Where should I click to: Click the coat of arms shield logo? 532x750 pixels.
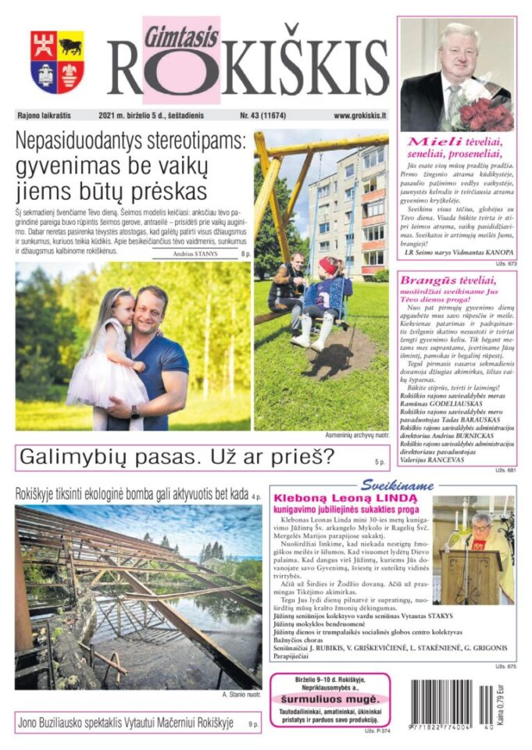(57, 62)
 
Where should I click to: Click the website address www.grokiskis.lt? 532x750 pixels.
(359, 116)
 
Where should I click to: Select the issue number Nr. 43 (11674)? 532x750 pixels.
(262, 116)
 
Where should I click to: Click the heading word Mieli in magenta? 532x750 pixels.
(430, 142)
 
